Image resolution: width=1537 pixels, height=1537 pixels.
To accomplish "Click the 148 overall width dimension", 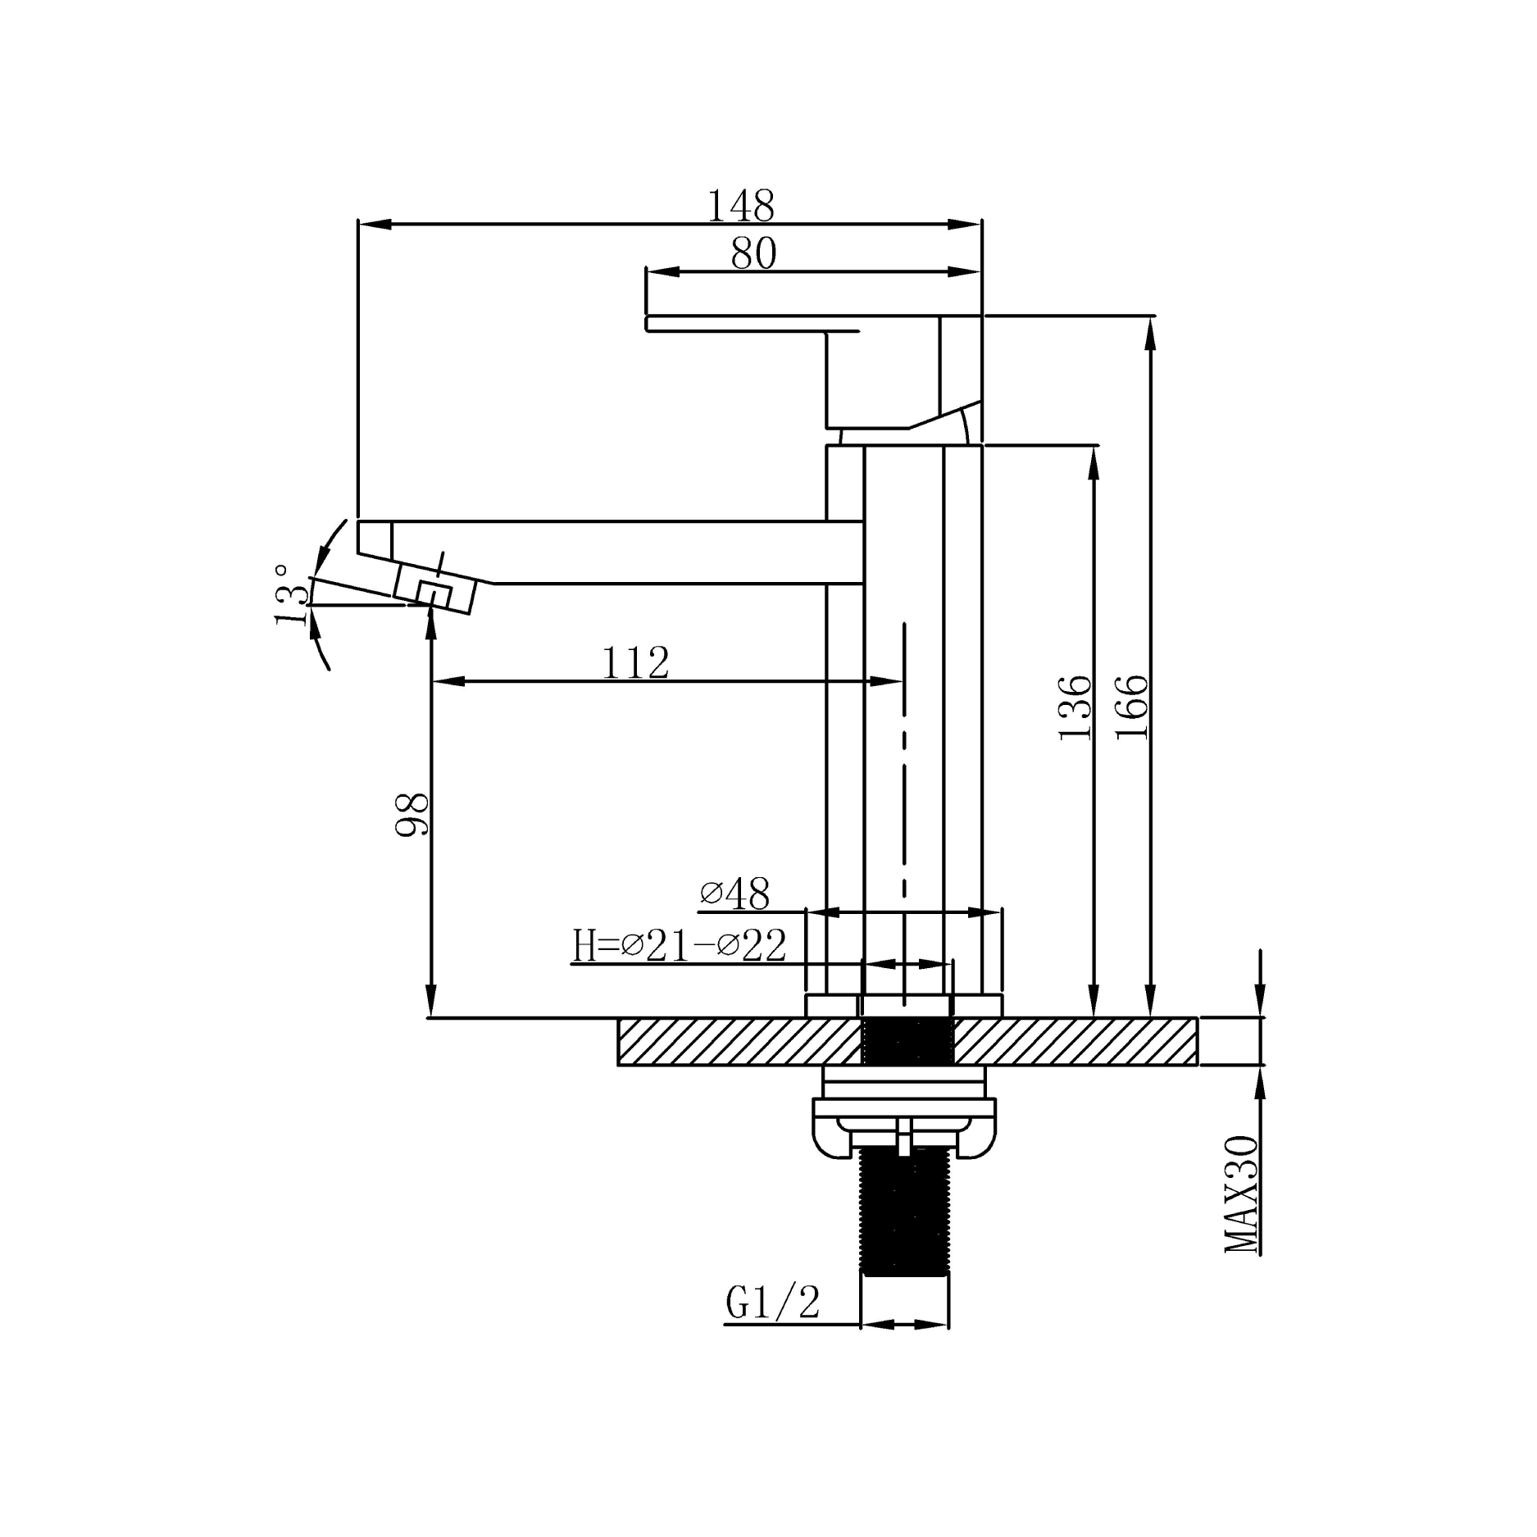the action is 740,206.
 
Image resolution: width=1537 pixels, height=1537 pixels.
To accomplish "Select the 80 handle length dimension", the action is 753,254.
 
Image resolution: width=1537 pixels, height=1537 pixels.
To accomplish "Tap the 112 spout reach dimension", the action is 636,663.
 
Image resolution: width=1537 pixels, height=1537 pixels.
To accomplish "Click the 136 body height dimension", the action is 1076,708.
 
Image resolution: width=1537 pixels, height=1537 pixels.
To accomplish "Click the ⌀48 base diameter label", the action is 735,894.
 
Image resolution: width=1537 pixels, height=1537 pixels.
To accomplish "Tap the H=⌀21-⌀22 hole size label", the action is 680,945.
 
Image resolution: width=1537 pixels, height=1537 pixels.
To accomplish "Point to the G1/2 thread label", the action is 772,1302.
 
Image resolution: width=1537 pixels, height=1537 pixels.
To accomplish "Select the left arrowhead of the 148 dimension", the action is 372,223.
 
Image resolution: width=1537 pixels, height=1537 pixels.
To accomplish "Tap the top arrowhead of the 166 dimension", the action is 1151,333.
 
